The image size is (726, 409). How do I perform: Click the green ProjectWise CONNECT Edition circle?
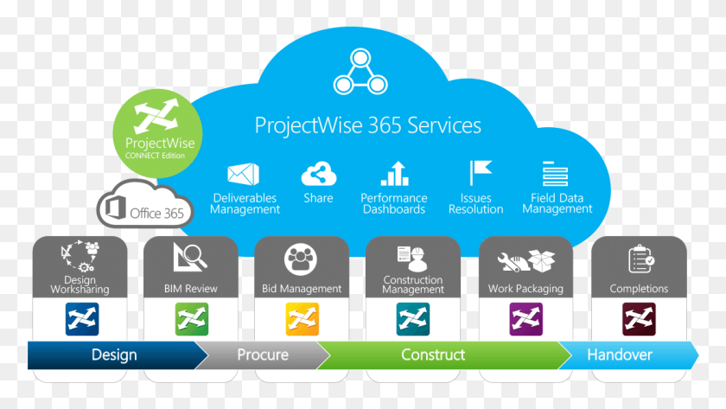[157, 133]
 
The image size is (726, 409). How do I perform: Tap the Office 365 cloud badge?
[145, 205]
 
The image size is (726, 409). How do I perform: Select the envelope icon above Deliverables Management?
[244, 174]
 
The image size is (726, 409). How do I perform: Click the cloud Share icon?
[319, 174]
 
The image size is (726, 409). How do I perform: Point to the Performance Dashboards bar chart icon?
[395, 174]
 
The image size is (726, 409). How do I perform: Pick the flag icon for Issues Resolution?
[480, 173]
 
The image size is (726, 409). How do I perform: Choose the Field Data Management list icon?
[555, 174]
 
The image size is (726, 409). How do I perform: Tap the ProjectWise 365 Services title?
[368, 125]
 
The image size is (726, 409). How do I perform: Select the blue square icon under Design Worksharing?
[82, 319]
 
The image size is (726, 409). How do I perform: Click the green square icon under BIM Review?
[192, 319]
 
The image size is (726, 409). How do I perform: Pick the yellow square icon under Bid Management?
[302, 319]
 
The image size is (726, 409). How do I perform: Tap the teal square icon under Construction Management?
[413, 319]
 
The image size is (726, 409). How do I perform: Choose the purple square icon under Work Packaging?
[526, 319]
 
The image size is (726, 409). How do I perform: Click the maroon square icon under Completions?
[639, 319]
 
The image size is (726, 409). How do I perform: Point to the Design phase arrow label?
[114, 355]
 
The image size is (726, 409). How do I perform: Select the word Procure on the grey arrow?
[263, 355]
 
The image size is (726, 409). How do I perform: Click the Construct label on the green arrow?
[433, 355]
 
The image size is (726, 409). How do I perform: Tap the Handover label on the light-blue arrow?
[620, 355]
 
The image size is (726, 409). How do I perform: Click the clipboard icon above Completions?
[640, 259]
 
